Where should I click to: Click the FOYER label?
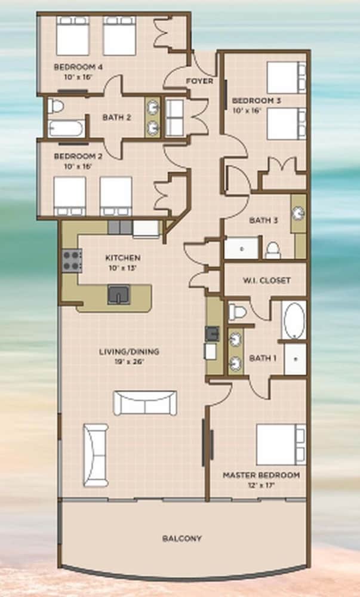point(199,81)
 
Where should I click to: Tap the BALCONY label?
point(182,538)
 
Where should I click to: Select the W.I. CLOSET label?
point(267,281)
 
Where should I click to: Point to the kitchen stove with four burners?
point(72,260)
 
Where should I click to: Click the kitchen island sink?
point(118,295)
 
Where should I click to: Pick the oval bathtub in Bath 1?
point(294,320)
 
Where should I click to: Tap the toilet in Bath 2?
point(56,106)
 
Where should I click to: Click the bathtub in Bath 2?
point(66,128)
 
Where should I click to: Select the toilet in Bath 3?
point(272,250)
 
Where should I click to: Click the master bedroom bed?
point(281,444)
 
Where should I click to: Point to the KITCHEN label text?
point(123,258)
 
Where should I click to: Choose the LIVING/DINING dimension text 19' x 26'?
point(129,362)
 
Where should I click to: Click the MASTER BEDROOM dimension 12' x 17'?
point(261,485)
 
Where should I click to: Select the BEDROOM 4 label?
point(78,67)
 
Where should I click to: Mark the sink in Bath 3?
point(299,213)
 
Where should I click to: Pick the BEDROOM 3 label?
point(257,101)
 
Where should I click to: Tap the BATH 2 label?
point(116,117)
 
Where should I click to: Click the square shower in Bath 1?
point(296,359)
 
